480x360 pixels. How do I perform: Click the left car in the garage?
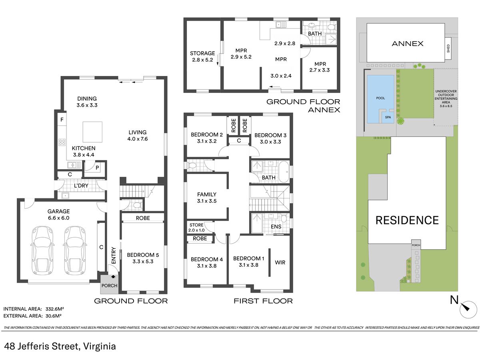[x=43, y=250]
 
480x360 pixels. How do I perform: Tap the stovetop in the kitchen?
[x=62, y=142]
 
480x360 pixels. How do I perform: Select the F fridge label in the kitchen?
[x=62, y=120]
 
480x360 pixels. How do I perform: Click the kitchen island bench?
[x=92, y=132]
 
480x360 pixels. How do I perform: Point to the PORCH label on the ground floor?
[x=109, y=286]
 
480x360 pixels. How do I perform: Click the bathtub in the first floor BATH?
[x=284, y=172]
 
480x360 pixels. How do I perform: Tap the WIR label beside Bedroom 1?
[x=280, y=262]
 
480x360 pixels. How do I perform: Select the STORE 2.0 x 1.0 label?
[x=196, y=227]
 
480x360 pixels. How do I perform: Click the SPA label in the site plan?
[x=388, y=117]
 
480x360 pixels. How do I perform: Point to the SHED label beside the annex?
[x=448, y=48]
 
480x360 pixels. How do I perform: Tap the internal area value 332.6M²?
[x=55, y=309]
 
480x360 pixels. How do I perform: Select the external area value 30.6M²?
[x=53, y=316]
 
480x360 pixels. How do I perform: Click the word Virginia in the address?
[x=100, y=346]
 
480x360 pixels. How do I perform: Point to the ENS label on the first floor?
[x=276, y=226]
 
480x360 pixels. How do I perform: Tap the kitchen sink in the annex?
[x=281, y=24]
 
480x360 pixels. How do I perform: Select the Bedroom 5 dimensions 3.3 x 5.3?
[x=143, y=262]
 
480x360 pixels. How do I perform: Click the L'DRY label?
[x=81, y=186]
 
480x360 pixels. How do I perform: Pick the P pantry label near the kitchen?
[x=97, y=168]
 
